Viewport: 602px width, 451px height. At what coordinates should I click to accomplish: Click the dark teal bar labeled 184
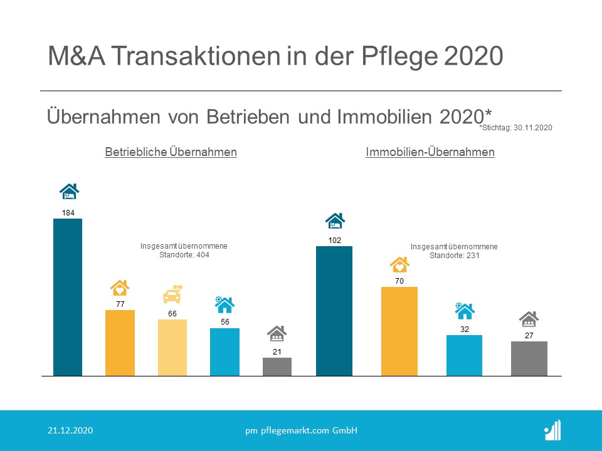tap(68, 298)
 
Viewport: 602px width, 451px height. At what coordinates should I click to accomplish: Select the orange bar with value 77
tap(120, 343)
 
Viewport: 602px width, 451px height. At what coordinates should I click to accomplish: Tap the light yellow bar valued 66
tap(172, 348)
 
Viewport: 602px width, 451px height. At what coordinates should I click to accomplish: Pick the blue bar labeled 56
tap(224, 351)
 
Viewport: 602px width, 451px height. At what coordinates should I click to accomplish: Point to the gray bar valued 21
tap(277, 366)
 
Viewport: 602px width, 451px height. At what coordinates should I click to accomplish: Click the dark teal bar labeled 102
tap(334, 311)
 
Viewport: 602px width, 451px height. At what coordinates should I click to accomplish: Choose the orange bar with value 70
tap(399, 331)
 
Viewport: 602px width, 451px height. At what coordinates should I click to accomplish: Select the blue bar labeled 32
tap(464, 355)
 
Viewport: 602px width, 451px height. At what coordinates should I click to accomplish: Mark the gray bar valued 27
tap(529, 358)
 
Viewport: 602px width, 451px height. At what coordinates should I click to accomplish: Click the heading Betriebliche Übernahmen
tap(171, 152)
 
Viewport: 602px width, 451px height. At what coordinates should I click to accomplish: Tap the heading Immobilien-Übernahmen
tap(430, 152)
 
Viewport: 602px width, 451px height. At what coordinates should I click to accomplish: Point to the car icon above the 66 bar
tap(172, 294)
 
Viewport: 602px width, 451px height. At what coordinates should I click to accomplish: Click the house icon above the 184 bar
tap(69, 191)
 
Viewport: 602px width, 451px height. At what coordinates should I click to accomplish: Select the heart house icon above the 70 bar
tap(399, 264)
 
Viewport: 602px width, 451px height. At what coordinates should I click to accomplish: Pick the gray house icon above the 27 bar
tap(529, 319)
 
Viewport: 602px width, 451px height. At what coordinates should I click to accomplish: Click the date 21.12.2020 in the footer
tap(71, 430)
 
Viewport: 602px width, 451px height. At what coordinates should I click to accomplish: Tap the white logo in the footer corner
tap(552, 430)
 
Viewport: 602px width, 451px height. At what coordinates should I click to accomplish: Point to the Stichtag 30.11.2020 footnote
tap(515, 127)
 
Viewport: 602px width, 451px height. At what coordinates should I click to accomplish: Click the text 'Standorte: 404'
tap(184, 256)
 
